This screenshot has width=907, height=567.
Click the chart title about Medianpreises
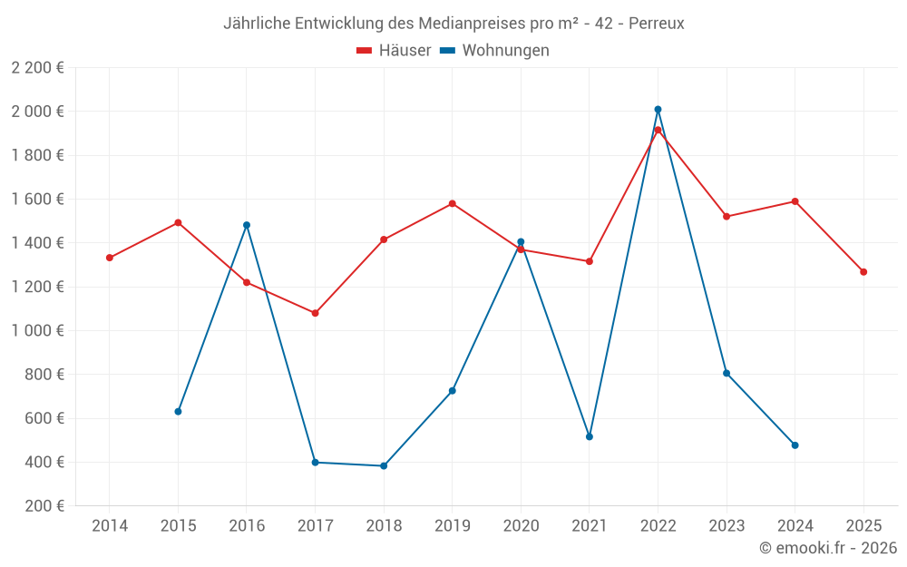coord(453,23)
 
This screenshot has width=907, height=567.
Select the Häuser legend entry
coord(394,51)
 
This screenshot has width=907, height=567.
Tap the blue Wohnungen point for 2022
coord(658,110)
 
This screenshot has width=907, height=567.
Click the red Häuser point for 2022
coord(658,130)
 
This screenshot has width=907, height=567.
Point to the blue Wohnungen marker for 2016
coord(247,225)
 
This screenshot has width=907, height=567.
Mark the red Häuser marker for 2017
coord(315,313)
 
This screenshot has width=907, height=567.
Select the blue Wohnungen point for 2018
coord(384,466)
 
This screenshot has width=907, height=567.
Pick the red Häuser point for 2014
coord(110,258)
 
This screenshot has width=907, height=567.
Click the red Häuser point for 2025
coord(863,272)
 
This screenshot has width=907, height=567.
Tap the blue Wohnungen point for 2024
coord(795,445)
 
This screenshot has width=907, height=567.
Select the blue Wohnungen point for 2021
coord(590,437)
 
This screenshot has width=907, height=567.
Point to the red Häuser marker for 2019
coord(453,203)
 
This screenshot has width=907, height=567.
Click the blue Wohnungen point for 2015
coord(178,412)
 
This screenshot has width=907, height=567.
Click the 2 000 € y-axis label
coord(37,112)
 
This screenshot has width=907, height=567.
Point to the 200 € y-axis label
coord(42,506)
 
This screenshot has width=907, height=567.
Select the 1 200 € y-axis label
coord(37,287)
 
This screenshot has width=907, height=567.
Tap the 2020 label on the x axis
coord(521,526)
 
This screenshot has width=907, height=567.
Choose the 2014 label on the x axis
coord(110,526)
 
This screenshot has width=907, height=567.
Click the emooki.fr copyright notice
coord(828,548)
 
